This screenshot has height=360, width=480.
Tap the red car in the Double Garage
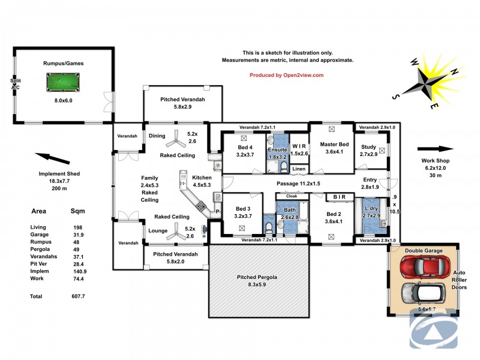click(424, 266)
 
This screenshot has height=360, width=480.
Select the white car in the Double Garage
click(424, 293)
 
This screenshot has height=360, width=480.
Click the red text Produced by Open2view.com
click(286, 75)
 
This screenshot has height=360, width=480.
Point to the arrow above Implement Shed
click(53, 159)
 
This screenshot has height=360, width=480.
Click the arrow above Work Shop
click(434, 149)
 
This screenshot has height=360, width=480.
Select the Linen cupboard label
click(299, 169)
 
